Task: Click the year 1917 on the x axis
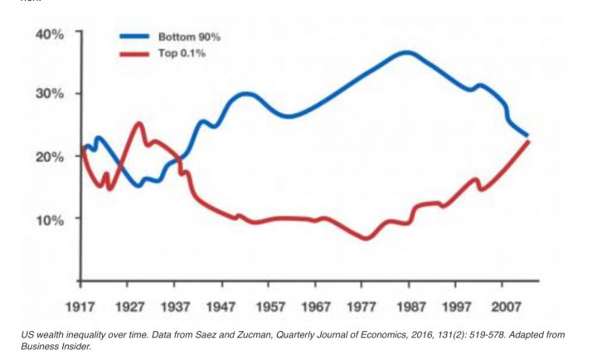coord(80,304)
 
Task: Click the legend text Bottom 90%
coord(189,37)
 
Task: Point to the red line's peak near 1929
coord(138,124)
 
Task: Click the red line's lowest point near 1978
coord(366,238)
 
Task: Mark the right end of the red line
coord(527,143)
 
